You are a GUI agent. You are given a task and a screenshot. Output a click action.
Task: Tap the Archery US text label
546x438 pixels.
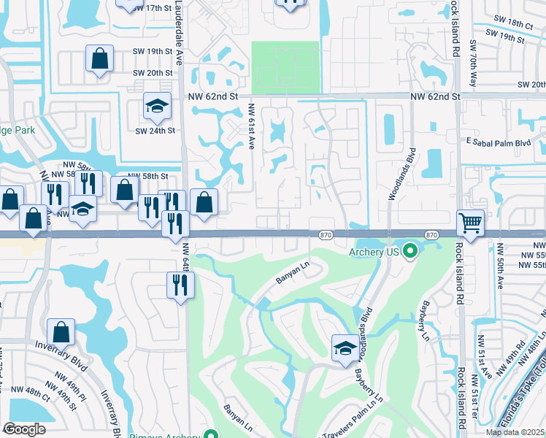pos(374,252)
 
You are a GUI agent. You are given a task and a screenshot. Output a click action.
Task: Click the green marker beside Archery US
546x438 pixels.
pos(410,253)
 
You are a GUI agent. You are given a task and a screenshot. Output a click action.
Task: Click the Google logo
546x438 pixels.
pos(25,429)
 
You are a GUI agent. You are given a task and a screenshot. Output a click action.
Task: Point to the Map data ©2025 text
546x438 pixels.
pos(515,432)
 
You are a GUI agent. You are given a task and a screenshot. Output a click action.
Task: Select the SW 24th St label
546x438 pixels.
pos(155,131)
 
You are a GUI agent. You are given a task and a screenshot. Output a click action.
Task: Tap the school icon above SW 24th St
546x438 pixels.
pos(156,107)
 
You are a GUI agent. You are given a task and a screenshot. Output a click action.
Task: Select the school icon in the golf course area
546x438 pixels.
pos(345,348)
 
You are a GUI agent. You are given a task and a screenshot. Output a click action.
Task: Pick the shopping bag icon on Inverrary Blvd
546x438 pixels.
pos(61,331)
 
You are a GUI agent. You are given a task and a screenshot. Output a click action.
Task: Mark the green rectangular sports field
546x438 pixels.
pos(285,67)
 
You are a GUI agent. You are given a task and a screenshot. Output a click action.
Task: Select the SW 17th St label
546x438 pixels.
pos(152,7)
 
